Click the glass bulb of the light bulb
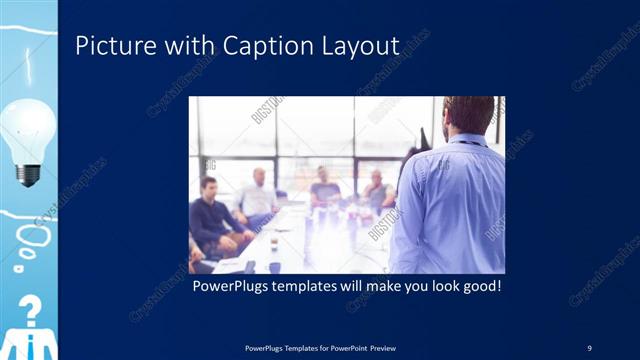(x=28, y=128)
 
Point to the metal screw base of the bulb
(x=29, y=173)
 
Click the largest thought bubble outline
(x=31, y=237)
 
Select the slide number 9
(x=589, y=347)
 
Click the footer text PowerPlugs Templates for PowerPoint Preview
(x=319, y=347)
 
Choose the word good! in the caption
(x=480, y=286)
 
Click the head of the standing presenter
(x=468, y=115)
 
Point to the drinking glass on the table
(x=273, y=243)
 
